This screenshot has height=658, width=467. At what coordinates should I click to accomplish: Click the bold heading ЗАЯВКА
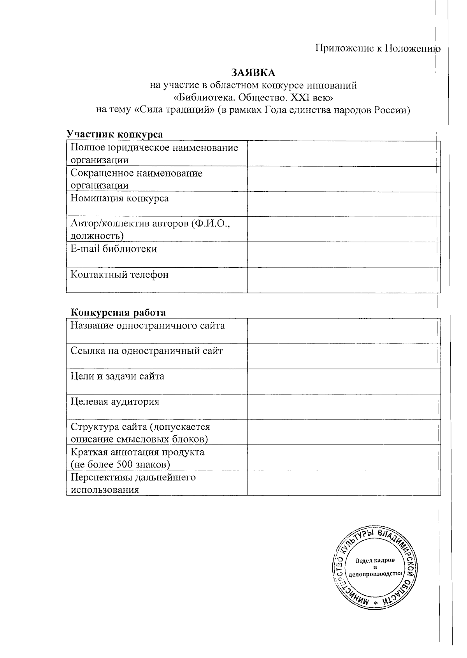[x=253, y=73]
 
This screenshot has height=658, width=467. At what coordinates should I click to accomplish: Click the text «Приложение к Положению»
[x=377, y=49]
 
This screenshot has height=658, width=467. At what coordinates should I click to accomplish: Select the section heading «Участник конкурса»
[x=115, y=134]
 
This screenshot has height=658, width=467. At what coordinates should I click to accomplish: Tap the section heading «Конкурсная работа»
[x=118, y=312]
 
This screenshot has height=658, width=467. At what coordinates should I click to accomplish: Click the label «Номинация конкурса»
[x=119, y=198]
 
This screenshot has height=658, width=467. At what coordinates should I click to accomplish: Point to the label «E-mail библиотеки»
[x=114, y=249]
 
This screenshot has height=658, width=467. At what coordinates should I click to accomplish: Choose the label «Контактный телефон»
[x=119, y=275]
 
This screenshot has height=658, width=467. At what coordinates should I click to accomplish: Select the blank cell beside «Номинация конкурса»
[x=344, y=203]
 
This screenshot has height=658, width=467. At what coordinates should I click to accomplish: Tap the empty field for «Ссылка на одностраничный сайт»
[x=344, y=356]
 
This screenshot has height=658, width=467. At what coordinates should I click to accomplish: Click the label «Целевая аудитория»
[x=115, y=402]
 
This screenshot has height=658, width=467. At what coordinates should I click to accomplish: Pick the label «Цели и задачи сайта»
[x=117, y=376]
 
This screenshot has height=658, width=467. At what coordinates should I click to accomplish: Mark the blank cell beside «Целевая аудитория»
[x=344, y=407]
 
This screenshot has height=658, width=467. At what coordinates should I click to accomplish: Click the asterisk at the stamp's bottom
[x=376, y=603]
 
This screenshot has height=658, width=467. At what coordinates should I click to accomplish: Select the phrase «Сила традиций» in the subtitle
[x=175, y=110]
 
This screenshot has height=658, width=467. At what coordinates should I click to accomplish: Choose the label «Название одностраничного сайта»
[x=147, y=326]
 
